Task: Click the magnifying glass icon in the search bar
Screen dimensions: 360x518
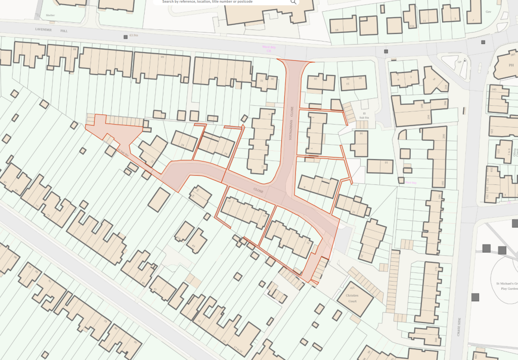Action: coord(293,2)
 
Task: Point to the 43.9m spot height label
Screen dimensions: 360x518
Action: coord(134,36)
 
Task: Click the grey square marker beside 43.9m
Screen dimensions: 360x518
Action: coord(125,36)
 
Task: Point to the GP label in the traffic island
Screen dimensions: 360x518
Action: coord(460,62)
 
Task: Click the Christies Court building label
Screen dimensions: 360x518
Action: coord(352,298)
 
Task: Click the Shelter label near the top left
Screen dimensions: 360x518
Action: coord(50,15)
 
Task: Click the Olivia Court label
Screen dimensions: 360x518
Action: coord(515,152)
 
